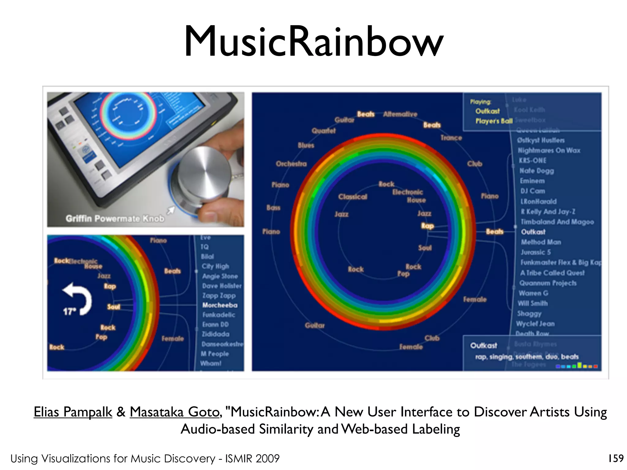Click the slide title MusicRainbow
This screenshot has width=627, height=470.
pos(313,41)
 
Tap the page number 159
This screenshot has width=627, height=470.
pos(616,458)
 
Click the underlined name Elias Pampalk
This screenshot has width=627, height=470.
pos(73,412)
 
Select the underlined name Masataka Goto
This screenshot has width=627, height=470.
pos(175,412)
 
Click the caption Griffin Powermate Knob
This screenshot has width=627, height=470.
pos(115,218)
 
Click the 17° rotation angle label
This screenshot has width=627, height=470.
pos(69,311)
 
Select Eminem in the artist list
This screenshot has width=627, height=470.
pos(532,181)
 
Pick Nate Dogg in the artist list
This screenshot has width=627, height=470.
pos(536,171)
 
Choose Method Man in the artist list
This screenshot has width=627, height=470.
pos(541,242)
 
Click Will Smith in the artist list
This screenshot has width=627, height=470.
pos(533,303)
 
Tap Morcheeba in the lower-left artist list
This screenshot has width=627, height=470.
pos(220,305)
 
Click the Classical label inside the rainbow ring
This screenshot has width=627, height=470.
pos(353,197)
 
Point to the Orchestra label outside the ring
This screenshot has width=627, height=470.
pos(291,164)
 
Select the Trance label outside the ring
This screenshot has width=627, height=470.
pos(451,138)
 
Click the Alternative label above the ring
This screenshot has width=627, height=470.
pos(400,114)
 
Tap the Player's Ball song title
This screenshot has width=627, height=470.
pos(494,121)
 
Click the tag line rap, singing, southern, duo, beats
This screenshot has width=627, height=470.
pos(527,357)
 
